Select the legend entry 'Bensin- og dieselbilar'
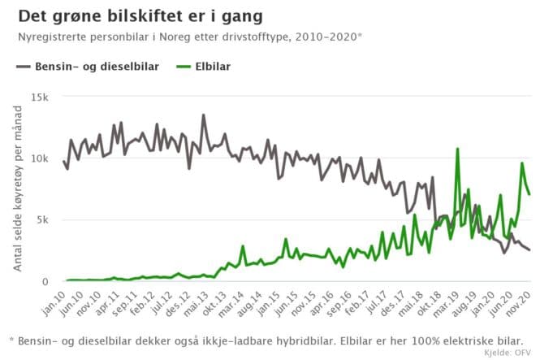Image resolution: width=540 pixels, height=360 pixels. [89, 67]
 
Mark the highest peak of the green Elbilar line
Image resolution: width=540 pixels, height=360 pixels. [458, 149]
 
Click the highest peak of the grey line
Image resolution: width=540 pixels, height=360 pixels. [203, 115]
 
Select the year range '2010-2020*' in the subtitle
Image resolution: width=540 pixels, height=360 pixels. [331, 37]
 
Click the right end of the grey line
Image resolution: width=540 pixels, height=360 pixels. [529, 250]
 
